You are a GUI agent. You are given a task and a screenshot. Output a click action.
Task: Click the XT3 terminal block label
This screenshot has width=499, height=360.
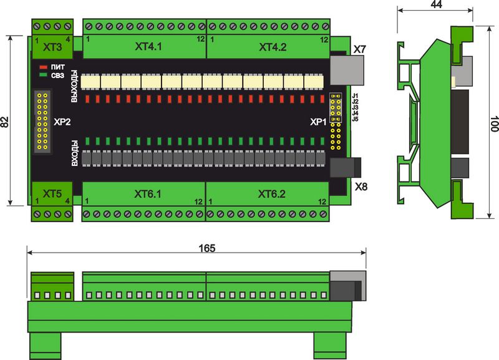(x=52, y=47)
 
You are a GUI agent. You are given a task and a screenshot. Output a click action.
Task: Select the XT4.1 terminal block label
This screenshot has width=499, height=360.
(x=149, y=47)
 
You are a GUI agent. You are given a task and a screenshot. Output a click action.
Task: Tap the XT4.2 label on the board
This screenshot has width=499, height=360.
(x=273, y=47)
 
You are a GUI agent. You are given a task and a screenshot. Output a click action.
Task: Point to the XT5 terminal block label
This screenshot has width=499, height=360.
(x=52, y=194)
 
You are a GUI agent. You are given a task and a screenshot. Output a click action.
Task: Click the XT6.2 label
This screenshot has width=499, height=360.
(x=272, y=194)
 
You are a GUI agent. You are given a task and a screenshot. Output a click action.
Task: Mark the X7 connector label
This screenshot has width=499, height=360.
(x=360, y=49)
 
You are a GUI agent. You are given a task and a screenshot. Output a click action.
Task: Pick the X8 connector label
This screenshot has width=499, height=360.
(x=361, y=187)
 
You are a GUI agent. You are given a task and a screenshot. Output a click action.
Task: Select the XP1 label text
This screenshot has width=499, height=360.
(x=318, y=122)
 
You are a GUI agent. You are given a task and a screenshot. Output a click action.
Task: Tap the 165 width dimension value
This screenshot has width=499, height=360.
(x=206, y=248)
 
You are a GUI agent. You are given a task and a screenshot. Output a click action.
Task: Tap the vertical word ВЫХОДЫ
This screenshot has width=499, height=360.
(x=75, y=89)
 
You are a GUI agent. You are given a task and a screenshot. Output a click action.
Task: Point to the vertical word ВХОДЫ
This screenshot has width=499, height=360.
(x=75, y=153)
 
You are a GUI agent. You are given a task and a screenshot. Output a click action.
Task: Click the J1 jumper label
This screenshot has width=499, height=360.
(x=355, y=95)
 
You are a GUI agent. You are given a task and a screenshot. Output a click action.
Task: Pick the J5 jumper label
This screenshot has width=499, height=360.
(x=355, y=119)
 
